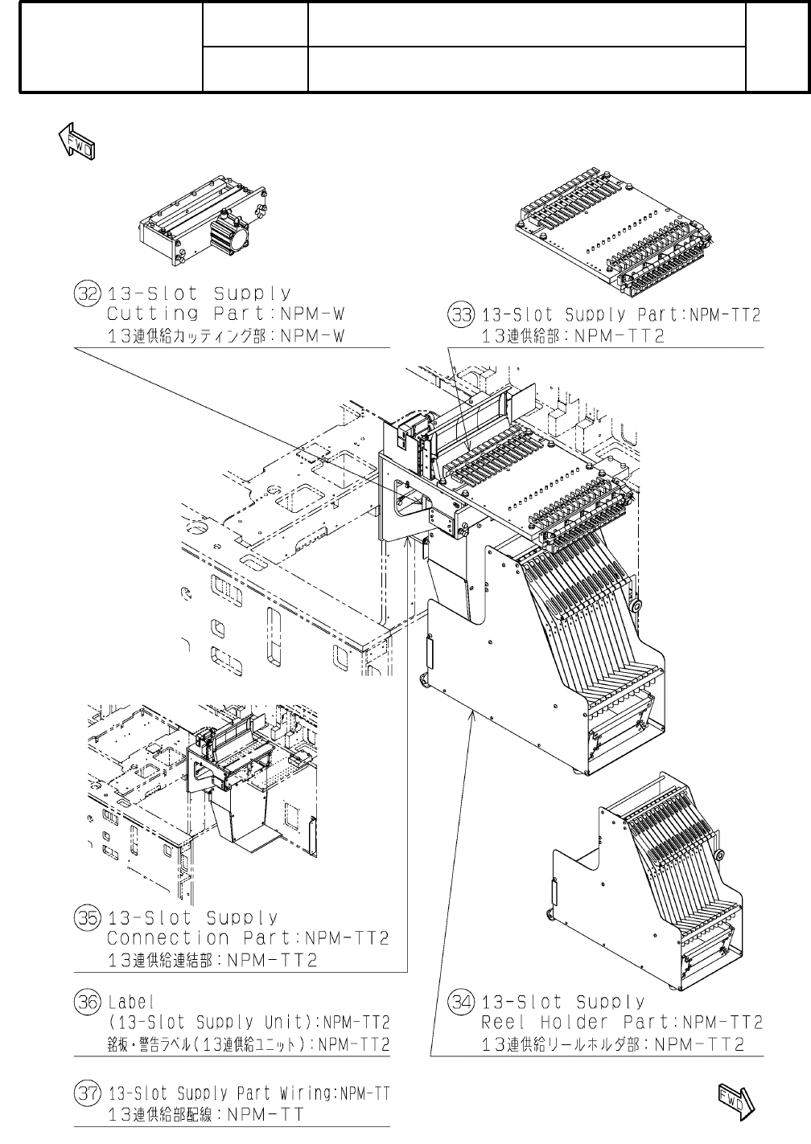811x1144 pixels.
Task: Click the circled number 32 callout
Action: click(85, 293)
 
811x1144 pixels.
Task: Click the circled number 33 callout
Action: click(459, 315)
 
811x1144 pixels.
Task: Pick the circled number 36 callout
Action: click(85, 1003)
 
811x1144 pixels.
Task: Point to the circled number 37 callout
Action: click(85, 1093)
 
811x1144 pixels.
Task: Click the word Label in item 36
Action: click(130, 1003)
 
